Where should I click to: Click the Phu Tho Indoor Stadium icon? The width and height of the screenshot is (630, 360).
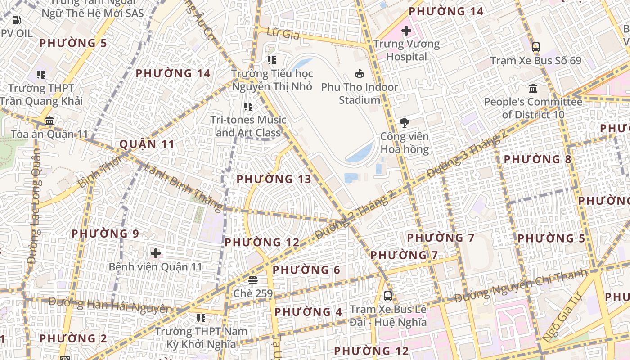pyautogui.click(x=360, y=73)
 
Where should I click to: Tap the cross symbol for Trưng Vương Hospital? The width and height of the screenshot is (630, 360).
pyautogui.click(x=406, y=31)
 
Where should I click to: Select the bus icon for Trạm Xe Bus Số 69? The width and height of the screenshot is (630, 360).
pyautogui.click(x=535, y=47)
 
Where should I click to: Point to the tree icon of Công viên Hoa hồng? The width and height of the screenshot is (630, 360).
pyautogui.click(x=405, y=122)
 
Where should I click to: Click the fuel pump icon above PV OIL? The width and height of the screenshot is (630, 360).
pyautogui.click(x=16, y=20)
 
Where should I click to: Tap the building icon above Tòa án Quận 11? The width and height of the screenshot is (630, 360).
pyautogui.click(x=49, y=121)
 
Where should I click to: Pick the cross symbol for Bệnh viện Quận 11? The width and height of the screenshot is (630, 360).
pyautogui.click(x=156, y=253)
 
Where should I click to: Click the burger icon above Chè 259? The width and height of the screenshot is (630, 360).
pyautogui.click(x=252, y=280)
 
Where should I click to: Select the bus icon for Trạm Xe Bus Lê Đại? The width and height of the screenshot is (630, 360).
pyautogui.click(x=388, y=296)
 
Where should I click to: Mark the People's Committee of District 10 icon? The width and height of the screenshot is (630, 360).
pyautogui.click(x=533, y=88)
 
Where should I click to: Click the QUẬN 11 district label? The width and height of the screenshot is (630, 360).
pyautogui.click(x=147, y=144)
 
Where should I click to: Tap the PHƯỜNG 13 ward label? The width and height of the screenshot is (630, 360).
pyautogui.click(x=274, y=179)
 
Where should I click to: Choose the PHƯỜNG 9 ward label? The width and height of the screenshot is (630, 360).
pyautogui.click(x=105, y=234)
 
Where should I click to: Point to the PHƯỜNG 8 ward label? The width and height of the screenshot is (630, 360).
pyautogui.click(x=537, y=159)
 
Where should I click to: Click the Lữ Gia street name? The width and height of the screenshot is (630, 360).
pyautogui.click(x=283, y=32)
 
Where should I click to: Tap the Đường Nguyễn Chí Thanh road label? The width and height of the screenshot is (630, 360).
pyautogui.click(x=521, y=285)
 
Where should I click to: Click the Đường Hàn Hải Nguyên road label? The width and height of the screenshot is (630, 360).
pyautogui.click(x=110, y=305)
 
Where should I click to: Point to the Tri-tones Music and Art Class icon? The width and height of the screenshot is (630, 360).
pyautogui.click(x=248, y=107)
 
